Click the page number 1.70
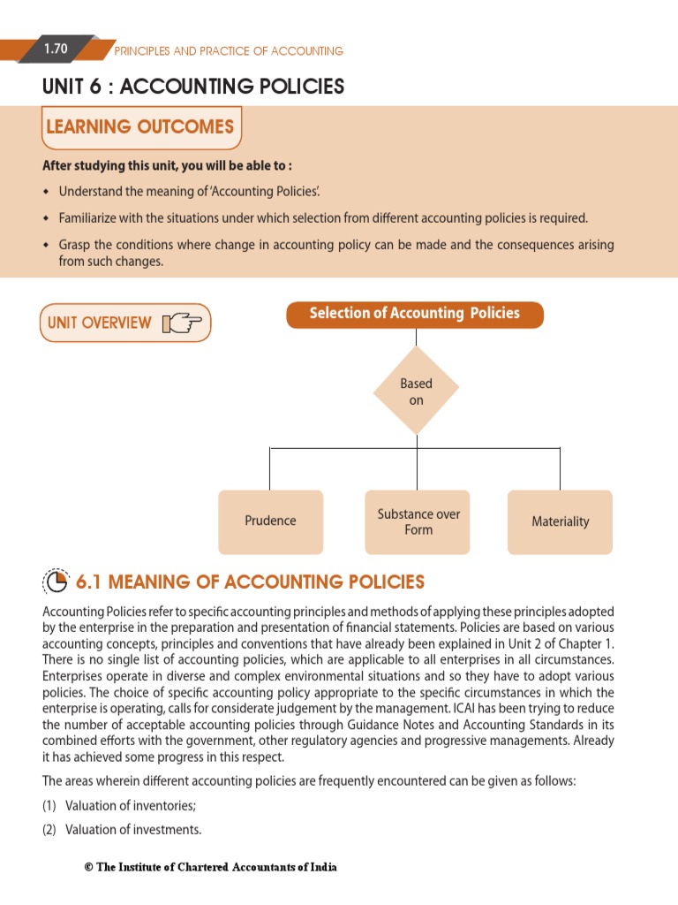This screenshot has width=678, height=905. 56,49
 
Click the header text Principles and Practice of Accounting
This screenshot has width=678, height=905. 229,51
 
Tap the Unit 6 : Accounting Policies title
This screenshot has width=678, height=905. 193,87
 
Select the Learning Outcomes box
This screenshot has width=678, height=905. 140,127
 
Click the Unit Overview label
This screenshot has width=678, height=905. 99,323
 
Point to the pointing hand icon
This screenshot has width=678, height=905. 182,323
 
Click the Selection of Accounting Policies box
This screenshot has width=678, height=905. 414,314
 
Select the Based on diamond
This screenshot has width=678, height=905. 416,392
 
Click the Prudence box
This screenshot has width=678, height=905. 270,521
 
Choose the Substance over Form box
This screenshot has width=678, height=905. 418,521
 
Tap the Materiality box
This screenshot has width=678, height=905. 560,521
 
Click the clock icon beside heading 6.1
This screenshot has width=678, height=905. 56,582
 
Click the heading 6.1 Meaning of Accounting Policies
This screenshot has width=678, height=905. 250,582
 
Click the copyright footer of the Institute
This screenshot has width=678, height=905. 210,867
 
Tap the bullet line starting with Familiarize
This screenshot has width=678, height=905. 322,217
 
